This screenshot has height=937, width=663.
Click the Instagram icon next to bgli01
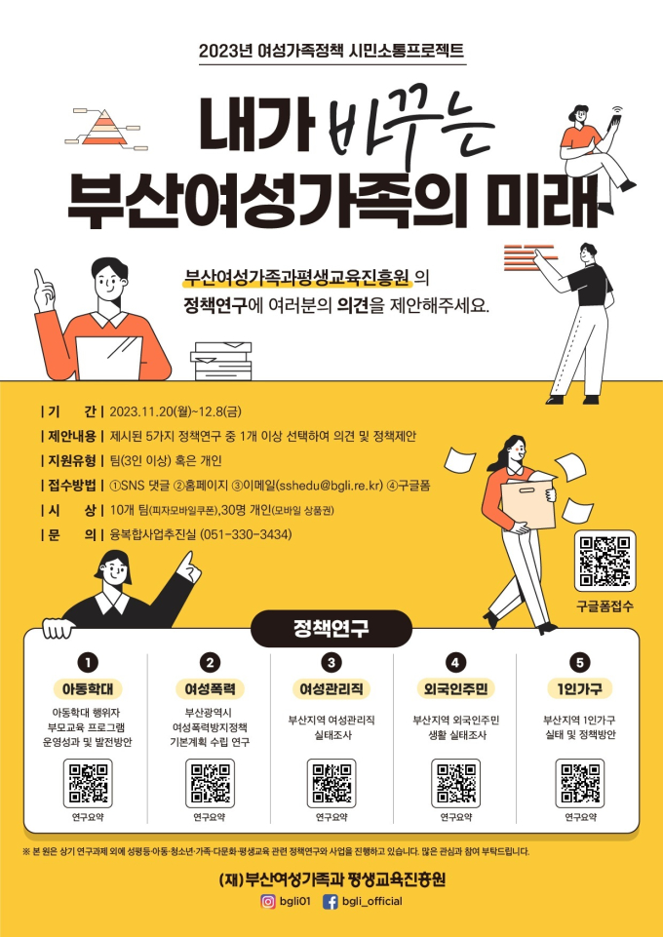tap(268, 901)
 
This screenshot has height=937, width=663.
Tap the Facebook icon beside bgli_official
tap(331, 901)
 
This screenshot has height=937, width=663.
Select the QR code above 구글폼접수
tap(604, 561)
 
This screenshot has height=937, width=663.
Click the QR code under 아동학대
tap(88, 783)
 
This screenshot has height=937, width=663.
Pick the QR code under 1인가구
tap(579, 783)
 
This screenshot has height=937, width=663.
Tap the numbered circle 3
tap(331, 662)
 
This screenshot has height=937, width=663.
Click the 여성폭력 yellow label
tap(210, 689)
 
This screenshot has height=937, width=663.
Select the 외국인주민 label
tap(455, 689)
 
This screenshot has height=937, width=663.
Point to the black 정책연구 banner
tap(331, 629)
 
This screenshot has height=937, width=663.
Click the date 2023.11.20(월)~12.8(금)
tap(175, 411)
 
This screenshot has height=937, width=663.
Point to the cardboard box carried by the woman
tap(528, 502)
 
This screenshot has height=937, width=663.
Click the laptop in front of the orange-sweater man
tap(110, 359)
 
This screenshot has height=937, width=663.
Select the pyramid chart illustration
tap(105, 128)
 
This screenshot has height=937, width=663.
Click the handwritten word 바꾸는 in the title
tap(409, 126)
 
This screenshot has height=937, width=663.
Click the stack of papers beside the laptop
tap(221, 361)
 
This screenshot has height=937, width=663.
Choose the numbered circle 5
tap(579, 662)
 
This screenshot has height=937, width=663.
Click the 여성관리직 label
tap(331, 689)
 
